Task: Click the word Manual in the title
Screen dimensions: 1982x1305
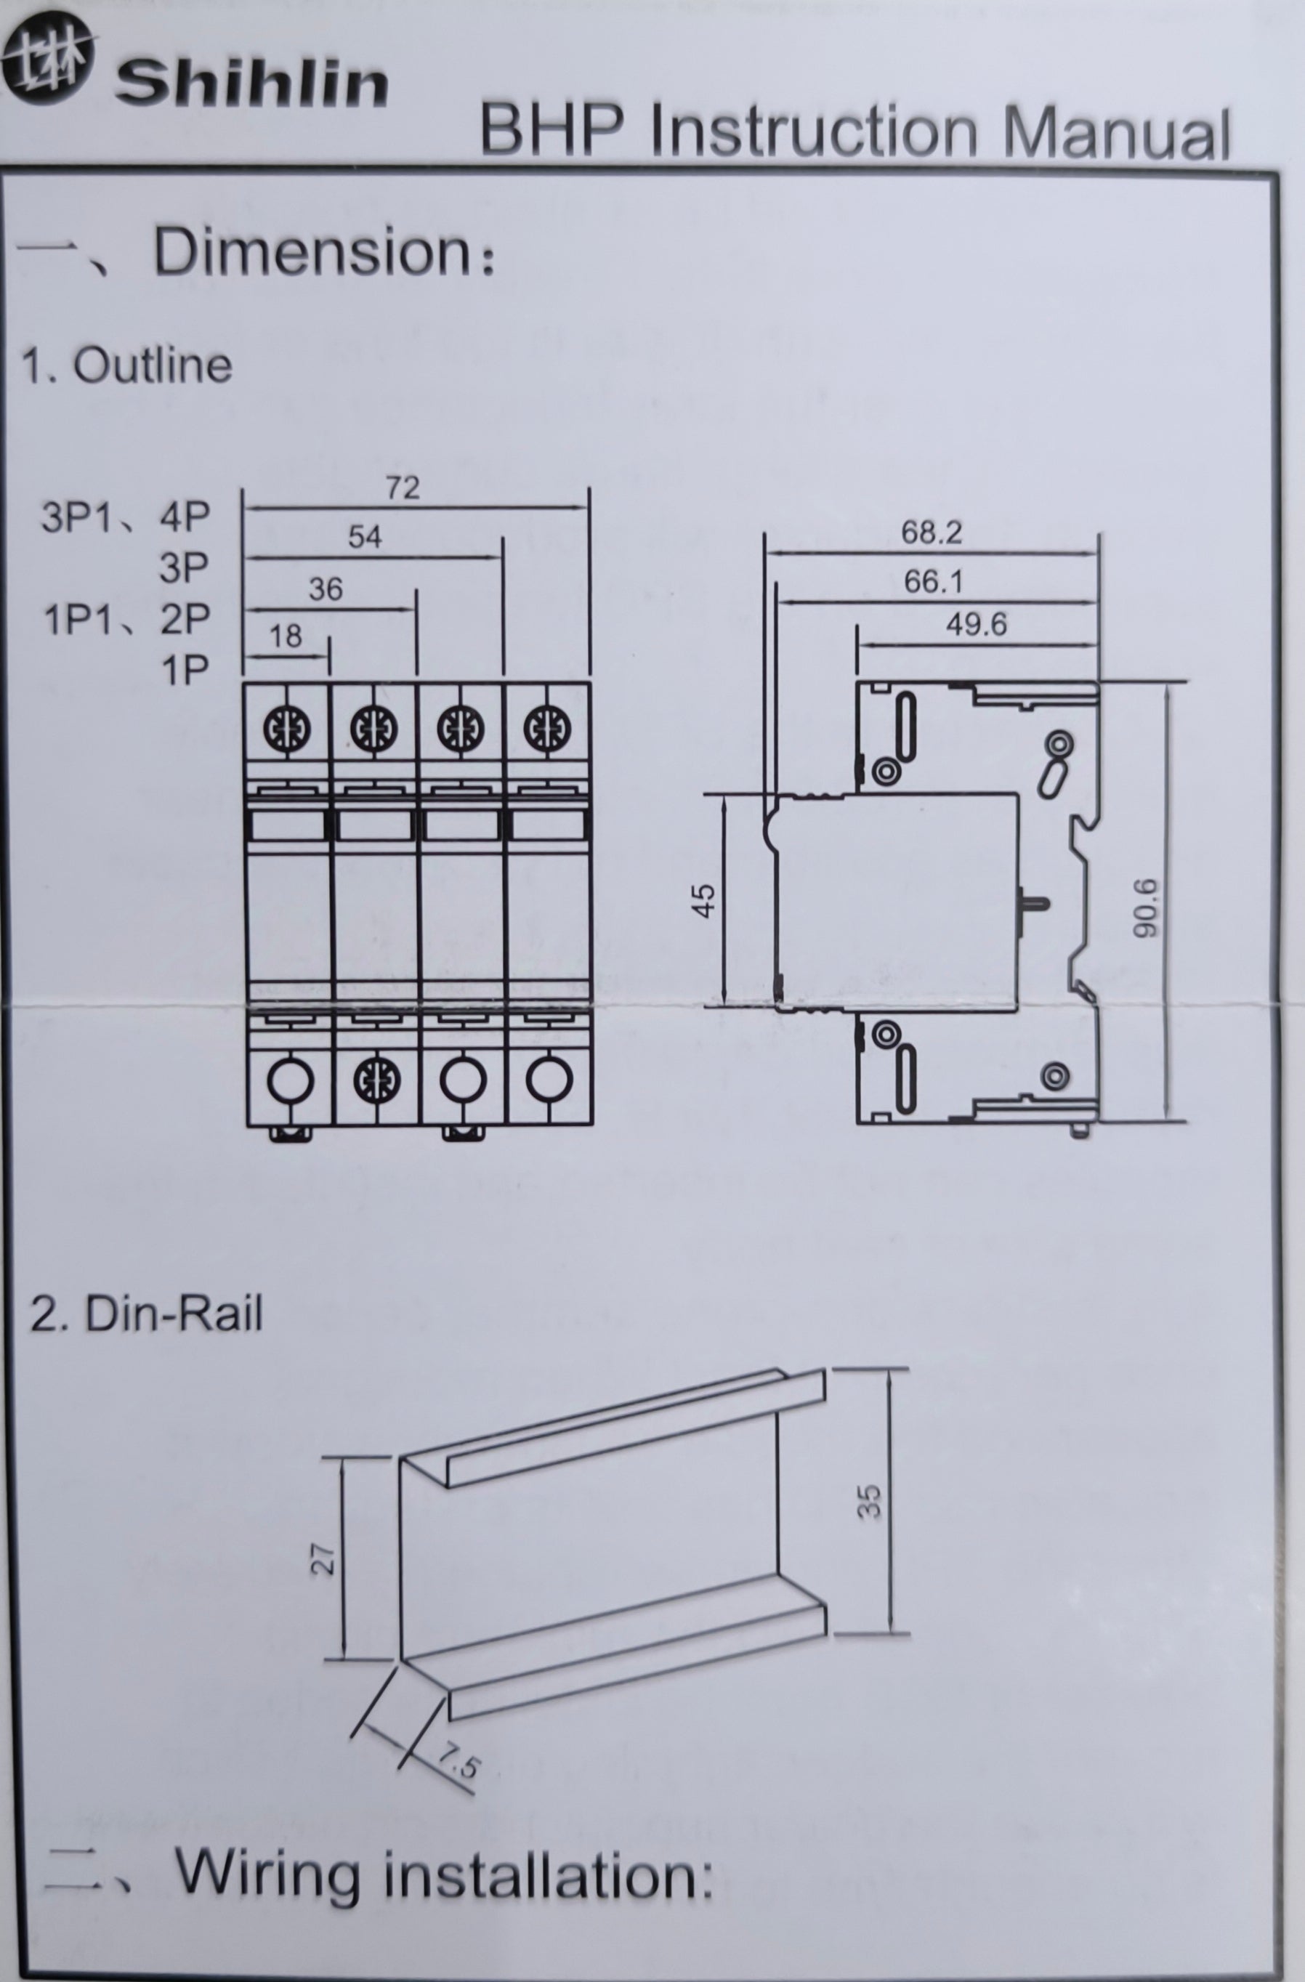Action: (x=1115, y=133)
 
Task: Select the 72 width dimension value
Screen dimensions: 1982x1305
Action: (x=403, y=488)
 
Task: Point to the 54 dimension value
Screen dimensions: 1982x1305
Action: (x=365, y=538)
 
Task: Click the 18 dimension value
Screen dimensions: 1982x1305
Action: (x=286, y=636)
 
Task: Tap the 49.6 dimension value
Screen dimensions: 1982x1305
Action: (x=975, y=624)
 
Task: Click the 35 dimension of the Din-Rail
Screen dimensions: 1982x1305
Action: (x=868, y=1502)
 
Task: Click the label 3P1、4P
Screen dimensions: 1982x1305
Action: (x=126, y=518)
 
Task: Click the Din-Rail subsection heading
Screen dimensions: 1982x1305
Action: (x=147, y=1315)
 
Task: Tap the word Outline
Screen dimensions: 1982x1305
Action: (x=153, y=365)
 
